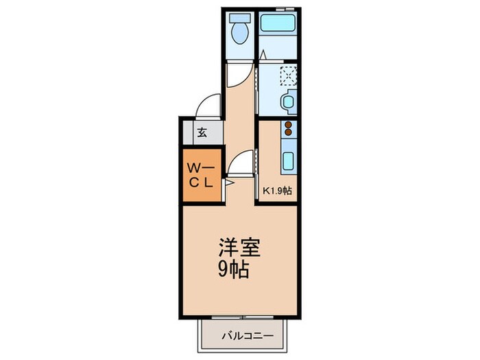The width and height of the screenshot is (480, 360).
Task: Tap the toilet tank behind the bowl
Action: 240,18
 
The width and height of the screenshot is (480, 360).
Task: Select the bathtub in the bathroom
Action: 278,23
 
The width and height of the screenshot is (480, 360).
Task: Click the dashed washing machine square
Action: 289,75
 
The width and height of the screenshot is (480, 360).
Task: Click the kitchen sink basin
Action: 288,160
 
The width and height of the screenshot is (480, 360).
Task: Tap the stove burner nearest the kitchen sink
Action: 288,132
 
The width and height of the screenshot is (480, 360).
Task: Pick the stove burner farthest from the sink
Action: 288,125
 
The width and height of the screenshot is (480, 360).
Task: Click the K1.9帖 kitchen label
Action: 277,191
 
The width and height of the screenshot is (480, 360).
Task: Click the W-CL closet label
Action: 201,176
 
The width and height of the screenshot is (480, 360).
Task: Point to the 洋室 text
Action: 239,247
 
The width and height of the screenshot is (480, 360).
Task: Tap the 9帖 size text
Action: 233,269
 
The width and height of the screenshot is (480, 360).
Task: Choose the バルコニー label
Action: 247,336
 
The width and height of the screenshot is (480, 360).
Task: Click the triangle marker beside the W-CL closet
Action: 230,183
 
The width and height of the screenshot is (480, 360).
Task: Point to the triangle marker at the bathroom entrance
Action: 263,55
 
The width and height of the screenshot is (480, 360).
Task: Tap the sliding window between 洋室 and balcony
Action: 243,317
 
